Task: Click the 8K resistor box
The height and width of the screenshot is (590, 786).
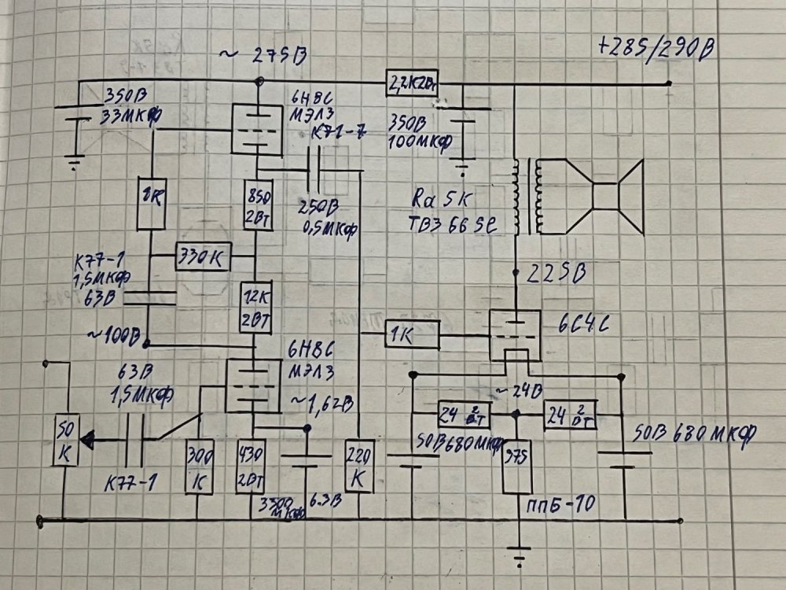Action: pos(150,203)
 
